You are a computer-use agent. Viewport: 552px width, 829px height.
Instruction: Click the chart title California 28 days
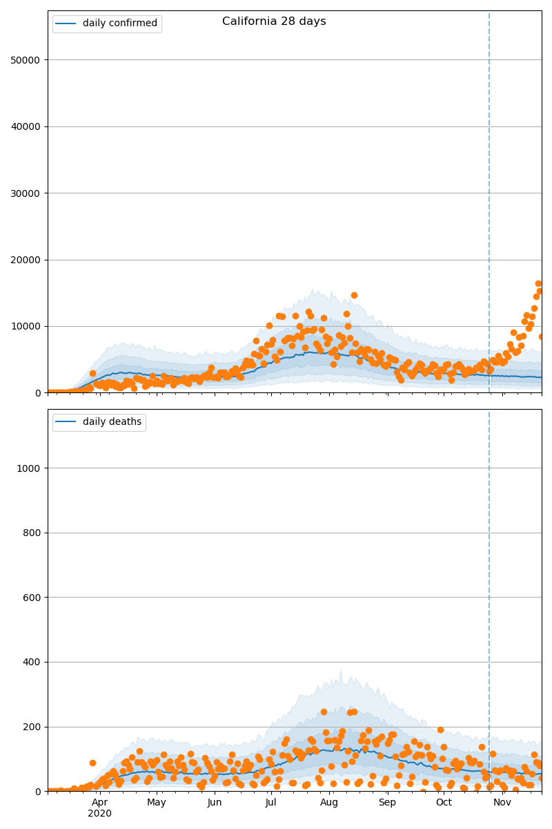tap(274, 21)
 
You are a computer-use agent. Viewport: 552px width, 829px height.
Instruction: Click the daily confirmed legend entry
tap(119, 23)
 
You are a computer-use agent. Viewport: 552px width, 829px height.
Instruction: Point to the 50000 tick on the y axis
tap(25, 60)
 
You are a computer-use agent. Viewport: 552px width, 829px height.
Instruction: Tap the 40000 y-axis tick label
tap(25, 126)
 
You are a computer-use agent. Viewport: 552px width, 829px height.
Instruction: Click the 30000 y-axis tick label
tap(25, 193)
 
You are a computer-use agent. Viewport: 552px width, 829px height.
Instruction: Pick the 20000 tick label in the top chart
tap(25, 260)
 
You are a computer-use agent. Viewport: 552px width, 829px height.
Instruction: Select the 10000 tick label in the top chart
tap(25, 326)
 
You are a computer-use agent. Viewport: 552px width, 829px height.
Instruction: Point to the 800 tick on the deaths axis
tap(32, 533)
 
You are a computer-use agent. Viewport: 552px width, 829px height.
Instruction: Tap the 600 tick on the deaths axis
tap(32, 598)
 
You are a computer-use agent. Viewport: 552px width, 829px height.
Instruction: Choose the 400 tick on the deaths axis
tap(32, 662)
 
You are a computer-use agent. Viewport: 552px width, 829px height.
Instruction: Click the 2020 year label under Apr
tap(100, 813)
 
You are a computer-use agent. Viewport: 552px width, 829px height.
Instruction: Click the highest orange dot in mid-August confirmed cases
tap(354, 295)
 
